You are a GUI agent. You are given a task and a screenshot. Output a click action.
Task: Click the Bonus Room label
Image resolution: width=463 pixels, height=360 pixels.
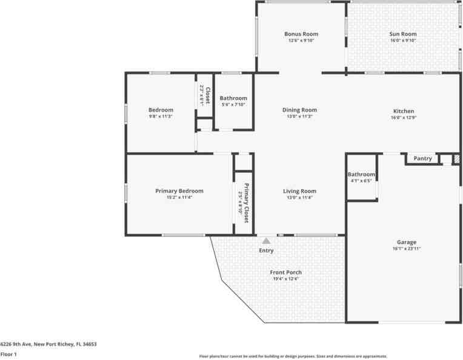[301, 34]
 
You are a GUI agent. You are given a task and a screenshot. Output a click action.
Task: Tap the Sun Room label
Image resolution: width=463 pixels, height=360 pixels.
[403, 34]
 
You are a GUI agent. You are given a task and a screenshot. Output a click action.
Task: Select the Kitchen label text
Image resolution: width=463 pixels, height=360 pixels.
[404, 111]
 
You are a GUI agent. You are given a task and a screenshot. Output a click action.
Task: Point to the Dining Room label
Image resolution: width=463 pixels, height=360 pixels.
[300, 110]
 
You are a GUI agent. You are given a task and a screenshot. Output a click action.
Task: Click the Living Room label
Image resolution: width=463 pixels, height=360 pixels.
[300, 191]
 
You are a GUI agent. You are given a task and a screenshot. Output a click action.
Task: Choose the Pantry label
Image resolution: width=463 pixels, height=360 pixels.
[422, 159]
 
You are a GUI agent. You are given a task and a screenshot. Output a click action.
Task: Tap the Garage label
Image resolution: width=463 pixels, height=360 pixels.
[403, 242]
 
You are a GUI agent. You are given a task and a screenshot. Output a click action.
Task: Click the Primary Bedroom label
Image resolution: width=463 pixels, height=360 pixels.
[179, 190]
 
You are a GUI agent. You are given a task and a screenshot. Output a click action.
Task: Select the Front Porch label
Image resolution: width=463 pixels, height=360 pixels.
[285, 272]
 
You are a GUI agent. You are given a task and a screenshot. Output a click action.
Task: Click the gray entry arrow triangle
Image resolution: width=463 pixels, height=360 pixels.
[265, 241]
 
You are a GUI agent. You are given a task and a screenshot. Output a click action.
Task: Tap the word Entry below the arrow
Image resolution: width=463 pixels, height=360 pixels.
[266, 250]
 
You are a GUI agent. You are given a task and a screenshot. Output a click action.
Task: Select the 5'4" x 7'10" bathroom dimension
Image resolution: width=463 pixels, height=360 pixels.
[233, 104]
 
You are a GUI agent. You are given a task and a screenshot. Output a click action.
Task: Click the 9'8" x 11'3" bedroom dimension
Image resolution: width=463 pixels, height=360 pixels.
[161, 116]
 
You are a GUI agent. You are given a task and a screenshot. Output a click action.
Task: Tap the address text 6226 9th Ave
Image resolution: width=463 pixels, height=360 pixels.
[48, 344]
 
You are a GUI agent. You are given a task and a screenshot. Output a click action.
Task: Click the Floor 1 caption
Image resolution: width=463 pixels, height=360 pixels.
[8, 354]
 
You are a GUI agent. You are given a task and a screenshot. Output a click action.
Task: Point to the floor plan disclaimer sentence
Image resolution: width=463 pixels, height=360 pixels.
[293, 356]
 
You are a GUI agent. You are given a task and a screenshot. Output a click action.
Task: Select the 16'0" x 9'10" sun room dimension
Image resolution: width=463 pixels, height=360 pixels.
[403, 41]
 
